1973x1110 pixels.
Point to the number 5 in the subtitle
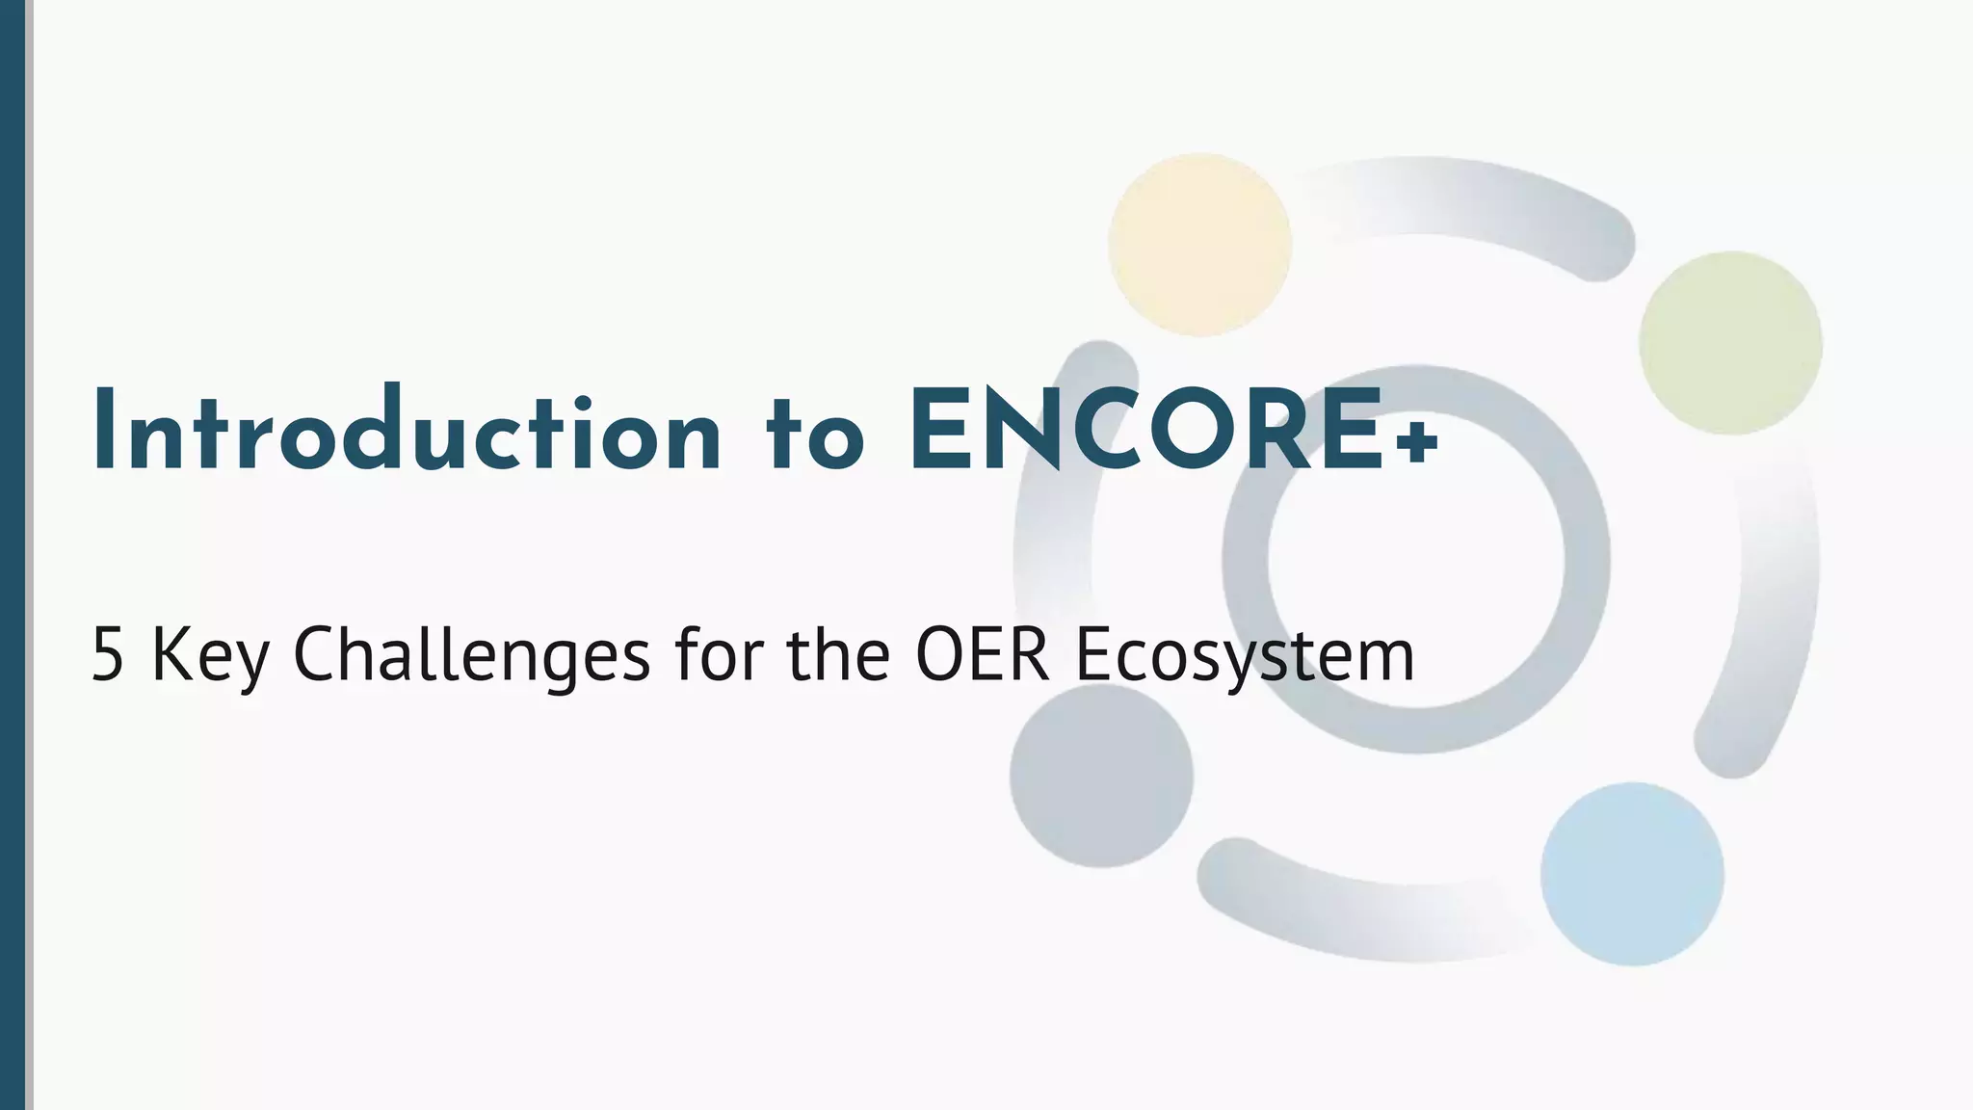[107, 656]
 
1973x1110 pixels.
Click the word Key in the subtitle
[210, 656]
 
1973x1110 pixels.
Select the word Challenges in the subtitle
[471, 656]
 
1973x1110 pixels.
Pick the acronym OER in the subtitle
[981, 655]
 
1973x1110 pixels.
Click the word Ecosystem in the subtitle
[1244, 656]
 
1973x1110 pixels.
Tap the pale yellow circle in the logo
[1199, 244]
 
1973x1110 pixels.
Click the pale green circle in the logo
[1730, 343]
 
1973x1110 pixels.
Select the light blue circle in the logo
[1632, 874]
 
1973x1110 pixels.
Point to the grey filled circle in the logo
[1101, 775]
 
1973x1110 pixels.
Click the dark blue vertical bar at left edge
[13, 555]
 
